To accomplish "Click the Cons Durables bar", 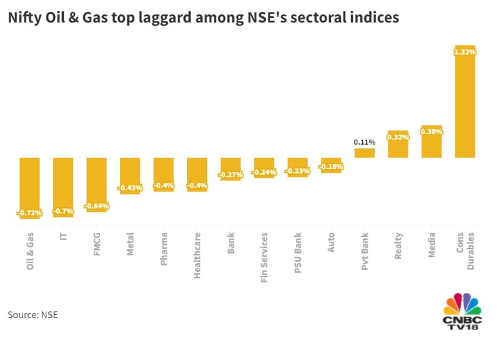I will (x=464, y=103).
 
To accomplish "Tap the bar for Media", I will (x=431, y=141).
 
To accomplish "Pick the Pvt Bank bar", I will (x=364, y=153).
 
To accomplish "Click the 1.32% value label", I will (x=464, y=53).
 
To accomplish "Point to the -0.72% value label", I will (x=29, y=213).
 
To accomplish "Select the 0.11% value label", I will (x=364, y=142).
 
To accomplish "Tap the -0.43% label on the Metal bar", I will (x=130, y=187).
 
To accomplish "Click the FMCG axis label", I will (x=97, y=249).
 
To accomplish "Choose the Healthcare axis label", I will (x=197, y=255).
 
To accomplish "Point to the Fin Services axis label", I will (x=264, y=257).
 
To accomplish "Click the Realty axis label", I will (x=398, y=245).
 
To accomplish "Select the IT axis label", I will (x=63, y=239).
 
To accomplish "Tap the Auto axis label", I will (x=331, y=243).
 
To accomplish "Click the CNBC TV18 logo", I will (x=462, y=311).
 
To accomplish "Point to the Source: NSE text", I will (x=33, y=314).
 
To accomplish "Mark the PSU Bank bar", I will (x=297, y=167).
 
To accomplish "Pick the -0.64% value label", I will (x=97, y=205).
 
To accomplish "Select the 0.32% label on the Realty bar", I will (x=398, y=136).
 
